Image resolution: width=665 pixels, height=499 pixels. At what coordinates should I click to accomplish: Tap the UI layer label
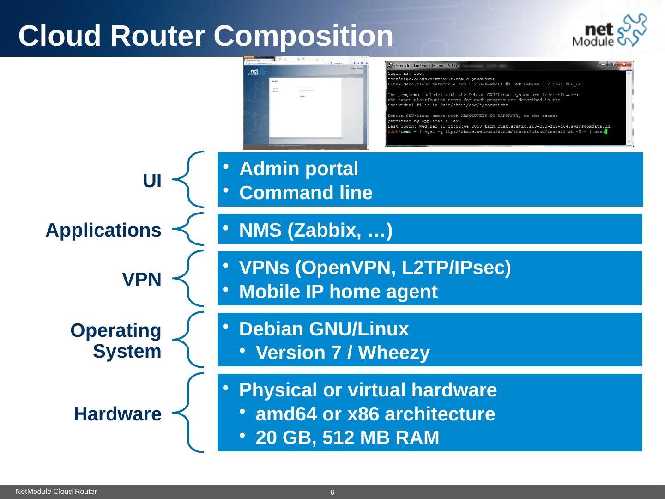(152, 182)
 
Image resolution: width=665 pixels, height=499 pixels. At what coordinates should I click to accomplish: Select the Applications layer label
(103, 230)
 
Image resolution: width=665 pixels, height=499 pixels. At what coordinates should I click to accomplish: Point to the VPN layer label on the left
(142, 280)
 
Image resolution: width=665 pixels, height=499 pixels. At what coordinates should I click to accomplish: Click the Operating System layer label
(116, 341)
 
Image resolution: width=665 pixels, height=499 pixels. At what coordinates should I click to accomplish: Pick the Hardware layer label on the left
(117, 414)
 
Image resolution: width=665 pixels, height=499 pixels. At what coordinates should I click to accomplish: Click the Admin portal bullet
(299, 169)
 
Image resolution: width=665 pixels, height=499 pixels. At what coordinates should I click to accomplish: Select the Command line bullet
(306, 193)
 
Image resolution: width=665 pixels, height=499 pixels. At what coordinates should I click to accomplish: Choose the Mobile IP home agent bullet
(338, 292)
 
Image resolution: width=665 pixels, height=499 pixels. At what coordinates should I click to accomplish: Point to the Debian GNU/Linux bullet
(324, 329)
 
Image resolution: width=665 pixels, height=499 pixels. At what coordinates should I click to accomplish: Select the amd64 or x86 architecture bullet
(375, 414)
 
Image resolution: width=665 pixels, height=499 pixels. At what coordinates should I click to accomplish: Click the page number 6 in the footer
(332, 493)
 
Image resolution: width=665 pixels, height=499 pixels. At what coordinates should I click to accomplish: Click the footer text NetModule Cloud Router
(56, 492)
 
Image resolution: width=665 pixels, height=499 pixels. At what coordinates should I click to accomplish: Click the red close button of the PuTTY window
(624, 64)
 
